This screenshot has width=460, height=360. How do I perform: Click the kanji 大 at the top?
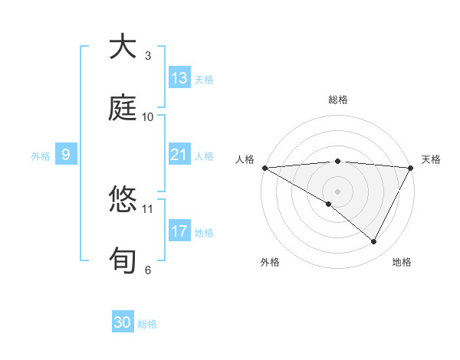pos(123,47)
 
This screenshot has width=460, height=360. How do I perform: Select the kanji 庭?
pos(123,108)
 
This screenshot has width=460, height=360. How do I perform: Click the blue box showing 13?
pos(179,78)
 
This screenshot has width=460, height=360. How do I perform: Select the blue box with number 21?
pos(179,155)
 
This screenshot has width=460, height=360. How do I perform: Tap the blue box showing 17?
pos(179,231)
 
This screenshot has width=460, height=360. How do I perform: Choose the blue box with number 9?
pos(66,155)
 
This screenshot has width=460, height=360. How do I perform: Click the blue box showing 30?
pos(123,322)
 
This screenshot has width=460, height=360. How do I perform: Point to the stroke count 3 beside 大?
pos(148,56)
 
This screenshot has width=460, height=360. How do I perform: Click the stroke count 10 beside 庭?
pos(148,117)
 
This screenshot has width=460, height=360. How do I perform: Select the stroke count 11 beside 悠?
pos(148,208)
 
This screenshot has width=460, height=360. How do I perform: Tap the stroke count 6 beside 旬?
pos(148,270)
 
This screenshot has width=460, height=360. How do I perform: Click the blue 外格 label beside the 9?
pos(41,155)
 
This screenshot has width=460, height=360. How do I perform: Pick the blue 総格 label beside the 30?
pos(147,324)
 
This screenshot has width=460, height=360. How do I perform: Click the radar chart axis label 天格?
pos(432,159)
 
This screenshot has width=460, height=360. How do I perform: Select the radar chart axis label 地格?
pos(402,262)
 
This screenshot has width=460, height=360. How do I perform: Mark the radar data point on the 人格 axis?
pos(264,167)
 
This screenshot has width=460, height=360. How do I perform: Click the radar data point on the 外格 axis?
pos(329,204)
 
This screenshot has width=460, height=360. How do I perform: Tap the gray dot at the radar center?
pos(337,191)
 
